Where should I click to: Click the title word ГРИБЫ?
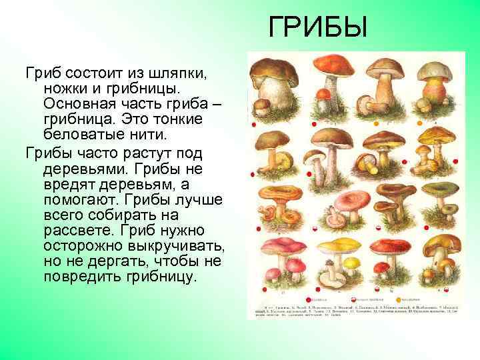(318, 28)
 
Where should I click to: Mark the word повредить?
(81, 276)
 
